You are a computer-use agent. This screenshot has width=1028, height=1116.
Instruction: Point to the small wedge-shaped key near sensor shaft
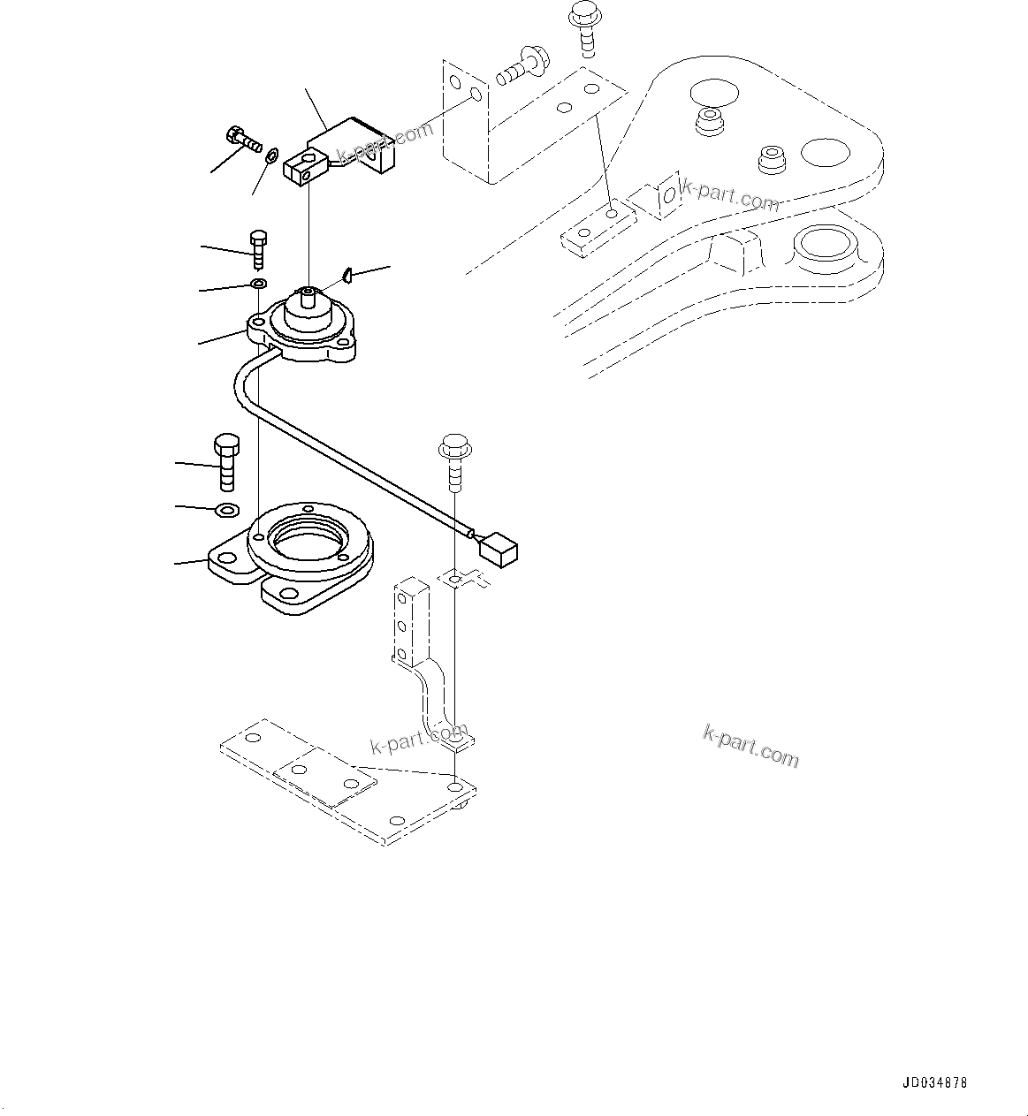click(348, 276)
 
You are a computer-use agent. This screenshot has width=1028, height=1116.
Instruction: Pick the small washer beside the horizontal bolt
click(272, 156)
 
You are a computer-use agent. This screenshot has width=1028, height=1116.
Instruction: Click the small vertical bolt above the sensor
click(257, 249)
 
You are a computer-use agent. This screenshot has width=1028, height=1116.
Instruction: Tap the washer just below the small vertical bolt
click(259, 285)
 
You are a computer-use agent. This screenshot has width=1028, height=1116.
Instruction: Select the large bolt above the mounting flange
click(225, 460)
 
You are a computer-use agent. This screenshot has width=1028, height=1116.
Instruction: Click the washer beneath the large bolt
click(227, 510)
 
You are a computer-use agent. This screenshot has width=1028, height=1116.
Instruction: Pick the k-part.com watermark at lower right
click(750, 747)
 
